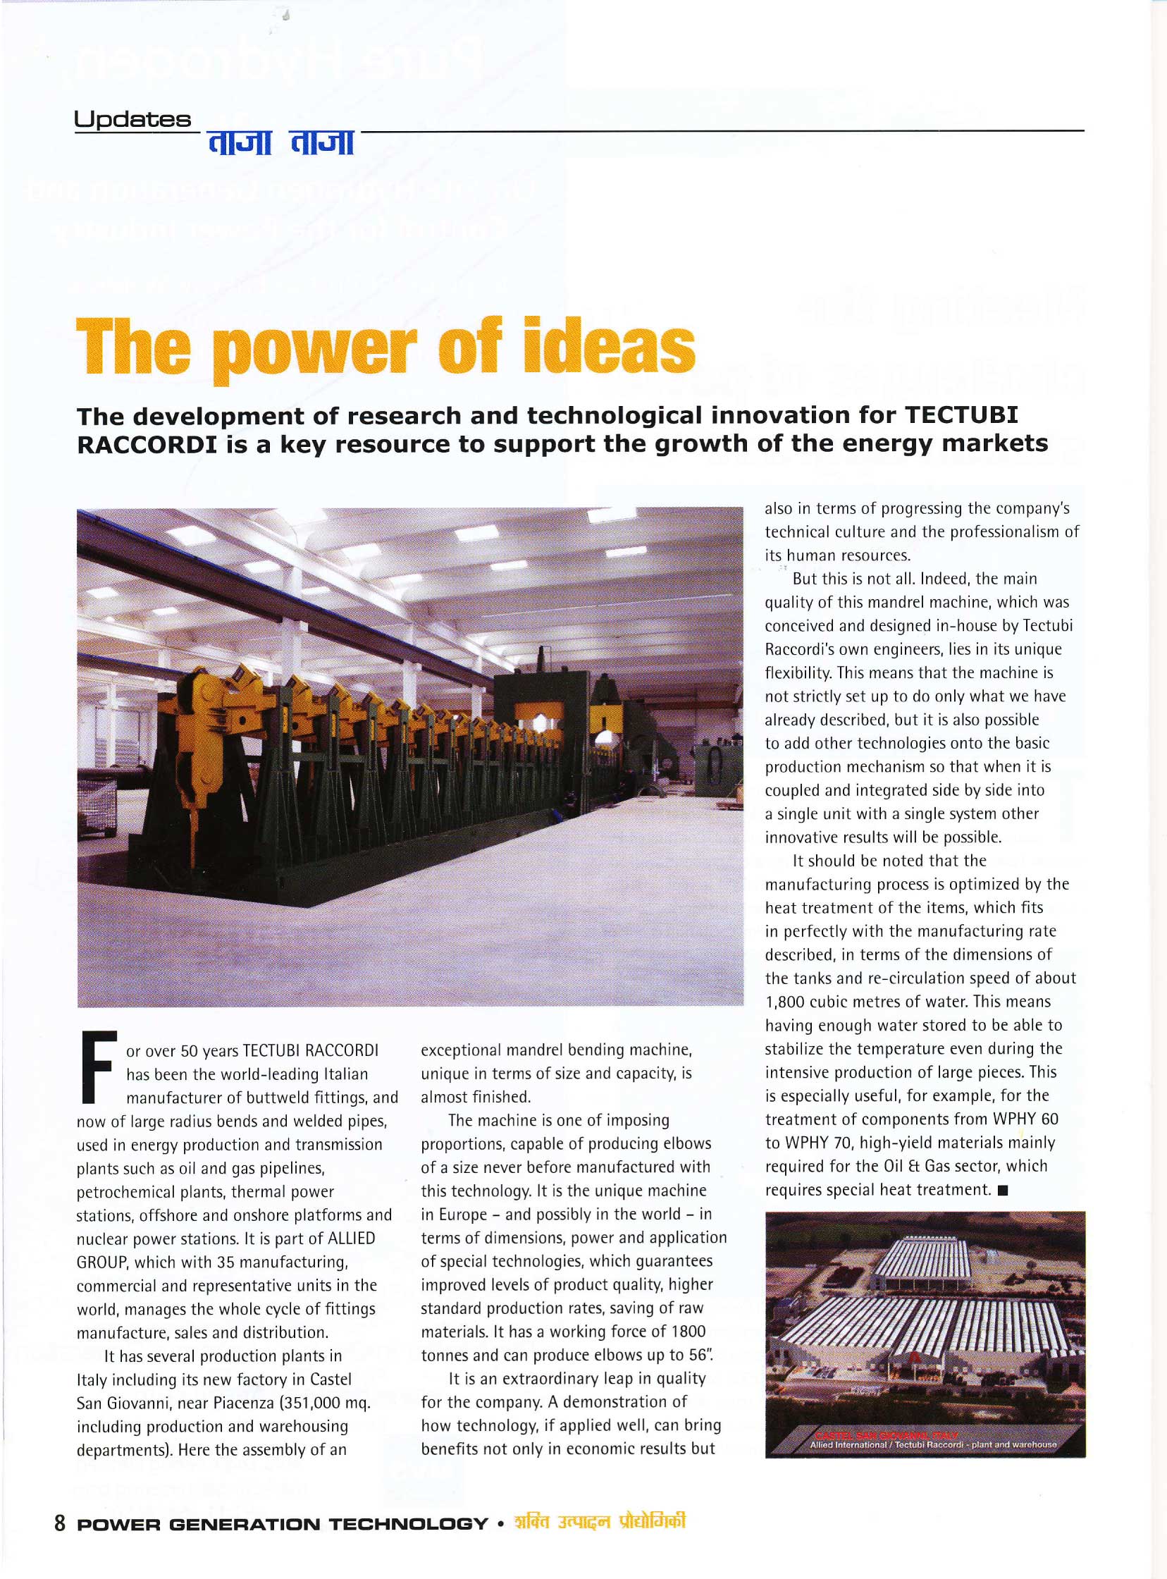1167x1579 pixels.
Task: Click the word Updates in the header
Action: pyautogui.click(x=132, y=119)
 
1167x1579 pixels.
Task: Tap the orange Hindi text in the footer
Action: pyautogui.click(x=600, y=1522)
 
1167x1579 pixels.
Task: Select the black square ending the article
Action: pyautogui.click(x=1003, y=1191)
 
